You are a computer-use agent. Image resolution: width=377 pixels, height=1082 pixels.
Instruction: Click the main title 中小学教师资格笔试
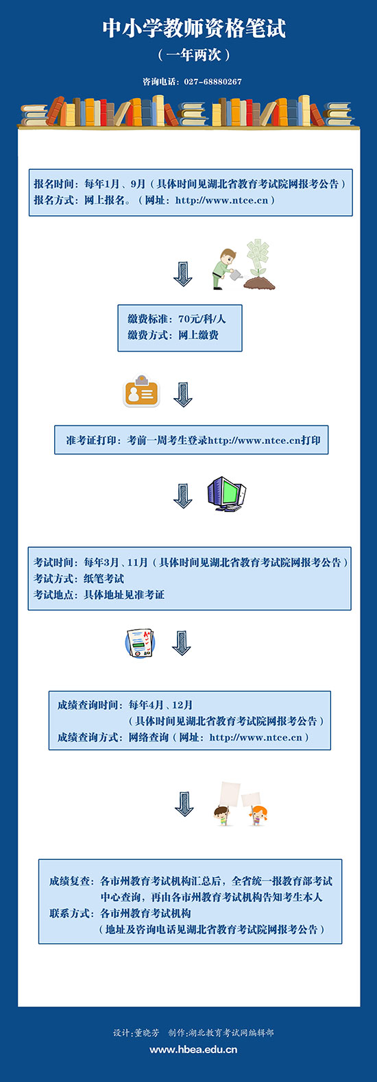pyautogui.click(x=194, y=29)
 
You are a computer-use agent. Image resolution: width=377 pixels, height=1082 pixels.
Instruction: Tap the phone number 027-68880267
pyautogui.click(x=212, y=82)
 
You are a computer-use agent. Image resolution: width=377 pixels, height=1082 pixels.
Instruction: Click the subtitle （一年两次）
pyautogui.click(x=194, y=55)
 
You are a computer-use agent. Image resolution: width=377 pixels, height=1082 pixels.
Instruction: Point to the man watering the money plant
pyautogui.click(x=224, y=269)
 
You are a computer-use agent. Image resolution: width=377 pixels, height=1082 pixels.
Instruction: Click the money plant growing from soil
pyautogui.click(x=258, y=265)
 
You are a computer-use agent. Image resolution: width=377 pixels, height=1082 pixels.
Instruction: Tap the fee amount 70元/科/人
pyautogui.click(x=202, y=319)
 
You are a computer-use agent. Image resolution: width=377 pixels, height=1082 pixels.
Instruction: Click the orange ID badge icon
pyautogui.click(x=141, y=391)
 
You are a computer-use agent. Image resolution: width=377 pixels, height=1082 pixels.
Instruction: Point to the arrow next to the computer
pyautogui.click(x=183, y=495)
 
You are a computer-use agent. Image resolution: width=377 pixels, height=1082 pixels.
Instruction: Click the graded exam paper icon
pyautogui.click(x=140, y=643)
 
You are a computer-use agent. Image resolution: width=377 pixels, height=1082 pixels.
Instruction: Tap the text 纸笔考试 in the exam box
pyautogui.click(x=104, y=578)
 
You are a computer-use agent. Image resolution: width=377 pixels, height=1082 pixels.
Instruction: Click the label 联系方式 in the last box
pyautogui.click(x=69, y=913)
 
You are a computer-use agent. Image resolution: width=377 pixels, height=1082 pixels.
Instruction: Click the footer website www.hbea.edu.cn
pyautogui.click(x=193, y=1049)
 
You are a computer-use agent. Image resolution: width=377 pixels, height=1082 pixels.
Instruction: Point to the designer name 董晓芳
pyautogui.click(x=147, y=1033)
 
